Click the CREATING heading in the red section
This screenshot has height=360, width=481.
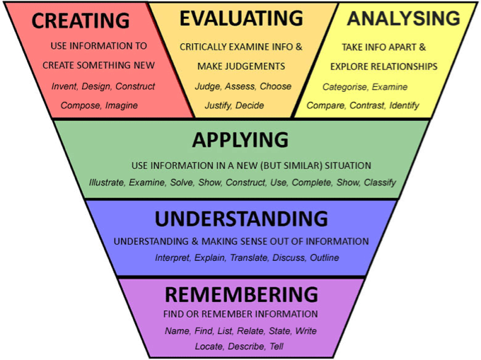pos(81,21)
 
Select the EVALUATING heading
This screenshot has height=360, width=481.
pos(241,18)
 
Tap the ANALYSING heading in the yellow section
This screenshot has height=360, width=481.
pos(404,18)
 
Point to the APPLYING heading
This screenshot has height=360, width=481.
pos(240,140)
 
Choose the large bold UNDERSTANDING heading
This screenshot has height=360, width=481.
pos(241,219)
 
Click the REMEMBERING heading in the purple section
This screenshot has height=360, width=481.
pos(241,294)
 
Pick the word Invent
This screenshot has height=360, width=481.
pos(64,86)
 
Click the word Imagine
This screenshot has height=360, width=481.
pos(122,106)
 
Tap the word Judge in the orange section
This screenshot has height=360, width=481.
pos(208,87)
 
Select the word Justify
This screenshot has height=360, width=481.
pos(218,106)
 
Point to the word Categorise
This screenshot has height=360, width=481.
pos(344,88)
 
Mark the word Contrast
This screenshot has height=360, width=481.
pos(367,106)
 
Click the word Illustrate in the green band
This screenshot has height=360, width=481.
pos(107,182)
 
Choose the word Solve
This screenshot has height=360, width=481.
pos(182,182)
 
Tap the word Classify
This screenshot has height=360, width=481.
pos(380,182)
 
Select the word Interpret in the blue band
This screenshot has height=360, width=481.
pos(173,258)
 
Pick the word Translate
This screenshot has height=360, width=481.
pos(249,258)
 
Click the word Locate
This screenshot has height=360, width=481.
pos(209,347)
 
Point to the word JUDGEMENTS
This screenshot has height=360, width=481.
pos(255,66)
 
